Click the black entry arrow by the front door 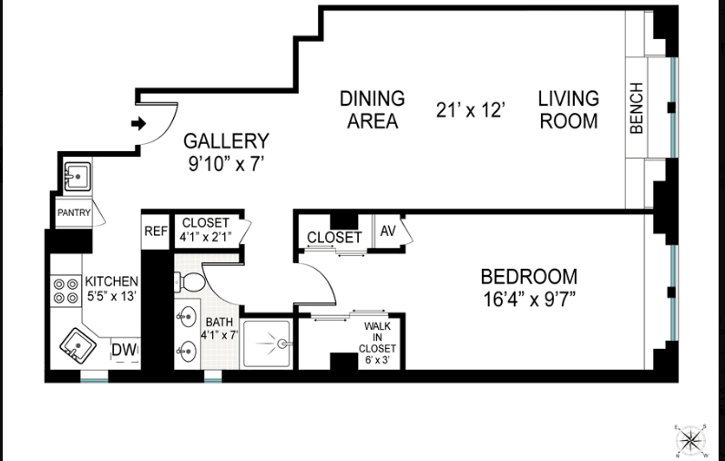[x=138, y=124]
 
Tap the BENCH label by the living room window [x=637, y=108]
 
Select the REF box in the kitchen [x=156, y=231]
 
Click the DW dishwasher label [x=125, y=350]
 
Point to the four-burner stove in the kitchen [x=66, y=291]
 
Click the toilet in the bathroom [x=189, y=282]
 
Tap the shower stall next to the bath [x=267, y=344]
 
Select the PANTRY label [x=74, y=212]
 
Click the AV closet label [x=388, y=230]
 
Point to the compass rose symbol [x=690, y=440]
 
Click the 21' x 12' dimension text [x=470, y=110]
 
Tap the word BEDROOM [x=529, y=276]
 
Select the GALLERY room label [x=226, y=141]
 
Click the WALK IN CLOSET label [x=377, y=343]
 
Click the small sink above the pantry [x=77, y=176]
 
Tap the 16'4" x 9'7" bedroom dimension [x=529, y=299]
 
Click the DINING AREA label [x=373, y=109]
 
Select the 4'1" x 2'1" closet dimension [x=206, y=236]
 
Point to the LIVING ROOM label [x=568, y=109]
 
